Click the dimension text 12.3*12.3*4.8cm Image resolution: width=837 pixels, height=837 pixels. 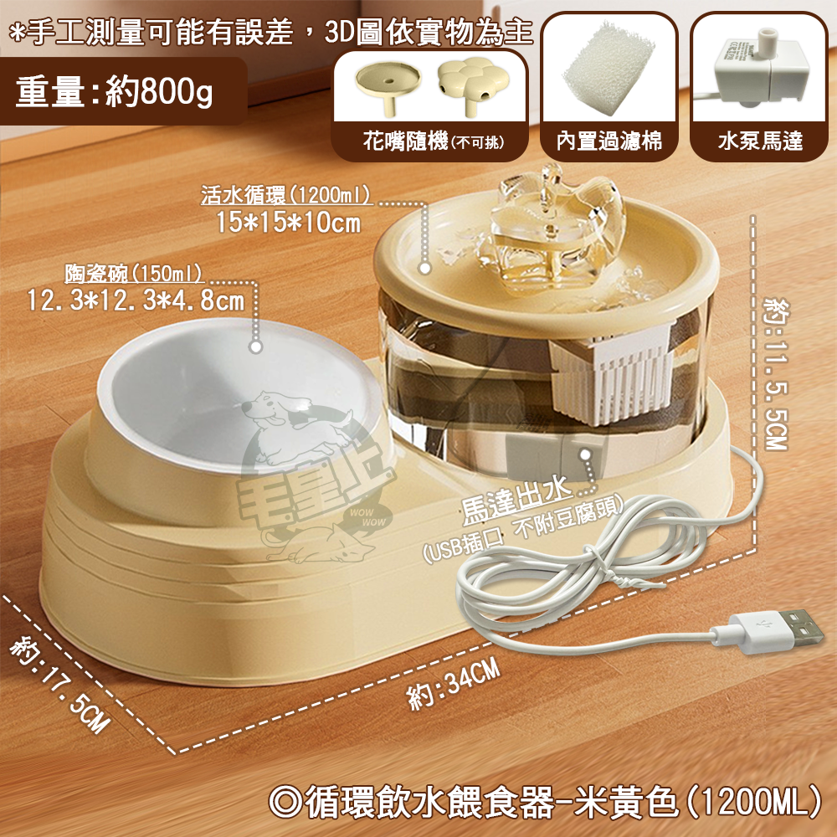[136, 299]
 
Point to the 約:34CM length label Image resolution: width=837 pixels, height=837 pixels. [457, 683]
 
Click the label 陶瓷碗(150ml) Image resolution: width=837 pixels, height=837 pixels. [136, 274]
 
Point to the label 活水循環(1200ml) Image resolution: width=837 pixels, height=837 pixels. [286, 196]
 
